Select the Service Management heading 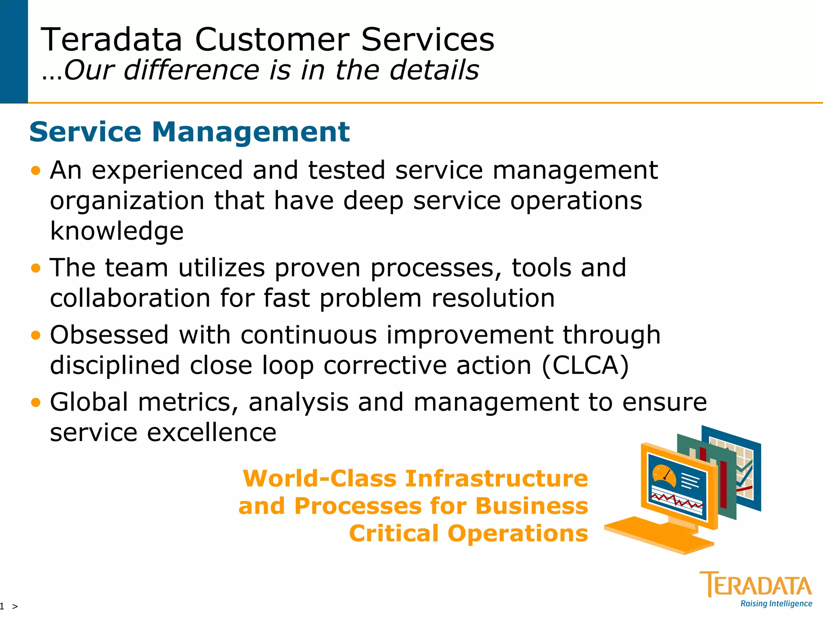pos(189,132)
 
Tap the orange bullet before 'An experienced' pos(36,171)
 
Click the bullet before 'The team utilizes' pos(36,268)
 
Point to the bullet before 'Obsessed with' pos(36,335)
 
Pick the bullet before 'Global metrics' pos(36,402)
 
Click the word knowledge pos(117,231)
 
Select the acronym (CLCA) pos(585,365)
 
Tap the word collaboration pos(130,298)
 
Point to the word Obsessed pos(109,335)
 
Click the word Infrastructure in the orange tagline pos(496,478)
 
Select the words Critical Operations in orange pos(469,533)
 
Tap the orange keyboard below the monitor pos(659,534)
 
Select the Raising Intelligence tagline pos(776,604)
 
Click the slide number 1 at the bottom pos(2,606)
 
